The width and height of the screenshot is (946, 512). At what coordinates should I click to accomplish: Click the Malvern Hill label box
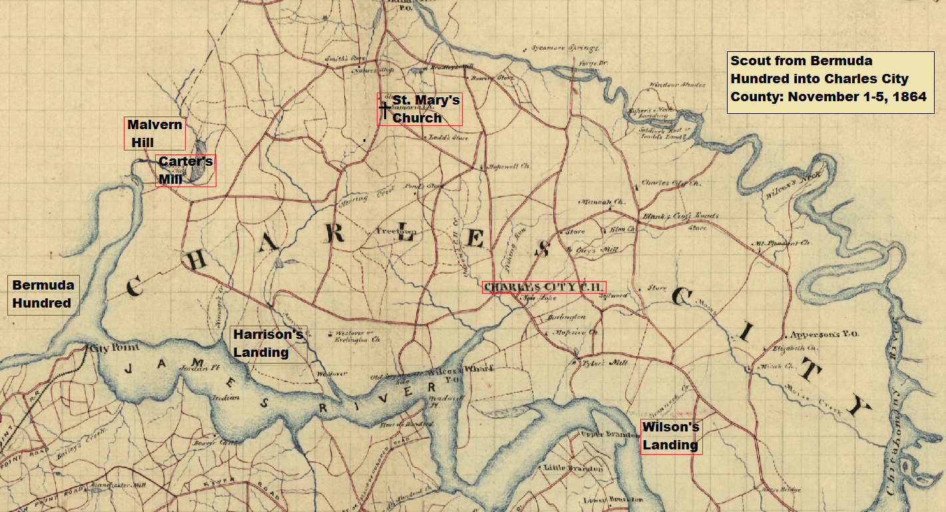click(154, 133)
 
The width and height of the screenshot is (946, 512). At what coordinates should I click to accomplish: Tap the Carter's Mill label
click(186, 170)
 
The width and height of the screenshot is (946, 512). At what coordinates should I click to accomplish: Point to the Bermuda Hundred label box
click(44, 294)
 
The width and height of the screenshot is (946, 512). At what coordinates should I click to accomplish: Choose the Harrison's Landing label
click(268, 343)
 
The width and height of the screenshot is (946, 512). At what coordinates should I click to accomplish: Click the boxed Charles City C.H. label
click(543, 287)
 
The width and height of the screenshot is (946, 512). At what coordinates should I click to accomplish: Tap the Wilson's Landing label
click(670, 436)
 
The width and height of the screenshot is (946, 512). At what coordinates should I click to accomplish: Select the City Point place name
click(109, 348)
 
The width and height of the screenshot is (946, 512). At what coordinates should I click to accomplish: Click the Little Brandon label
click(573, 468)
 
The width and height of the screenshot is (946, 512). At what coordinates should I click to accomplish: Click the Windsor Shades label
click(676, 85)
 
